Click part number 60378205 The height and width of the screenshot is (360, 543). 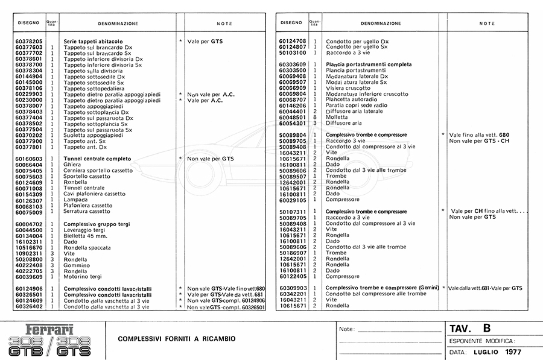29,41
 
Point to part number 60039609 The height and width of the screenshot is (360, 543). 29,277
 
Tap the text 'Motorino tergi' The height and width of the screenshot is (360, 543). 83,277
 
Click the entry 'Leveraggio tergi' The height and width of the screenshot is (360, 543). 84,230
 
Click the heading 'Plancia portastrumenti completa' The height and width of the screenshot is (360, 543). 369,65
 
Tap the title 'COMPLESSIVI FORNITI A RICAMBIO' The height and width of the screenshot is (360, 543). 177,338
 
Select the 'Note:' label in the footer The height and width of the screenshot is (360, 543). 346,329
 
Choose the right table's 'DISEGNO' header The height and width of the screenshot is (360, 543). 292,24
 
